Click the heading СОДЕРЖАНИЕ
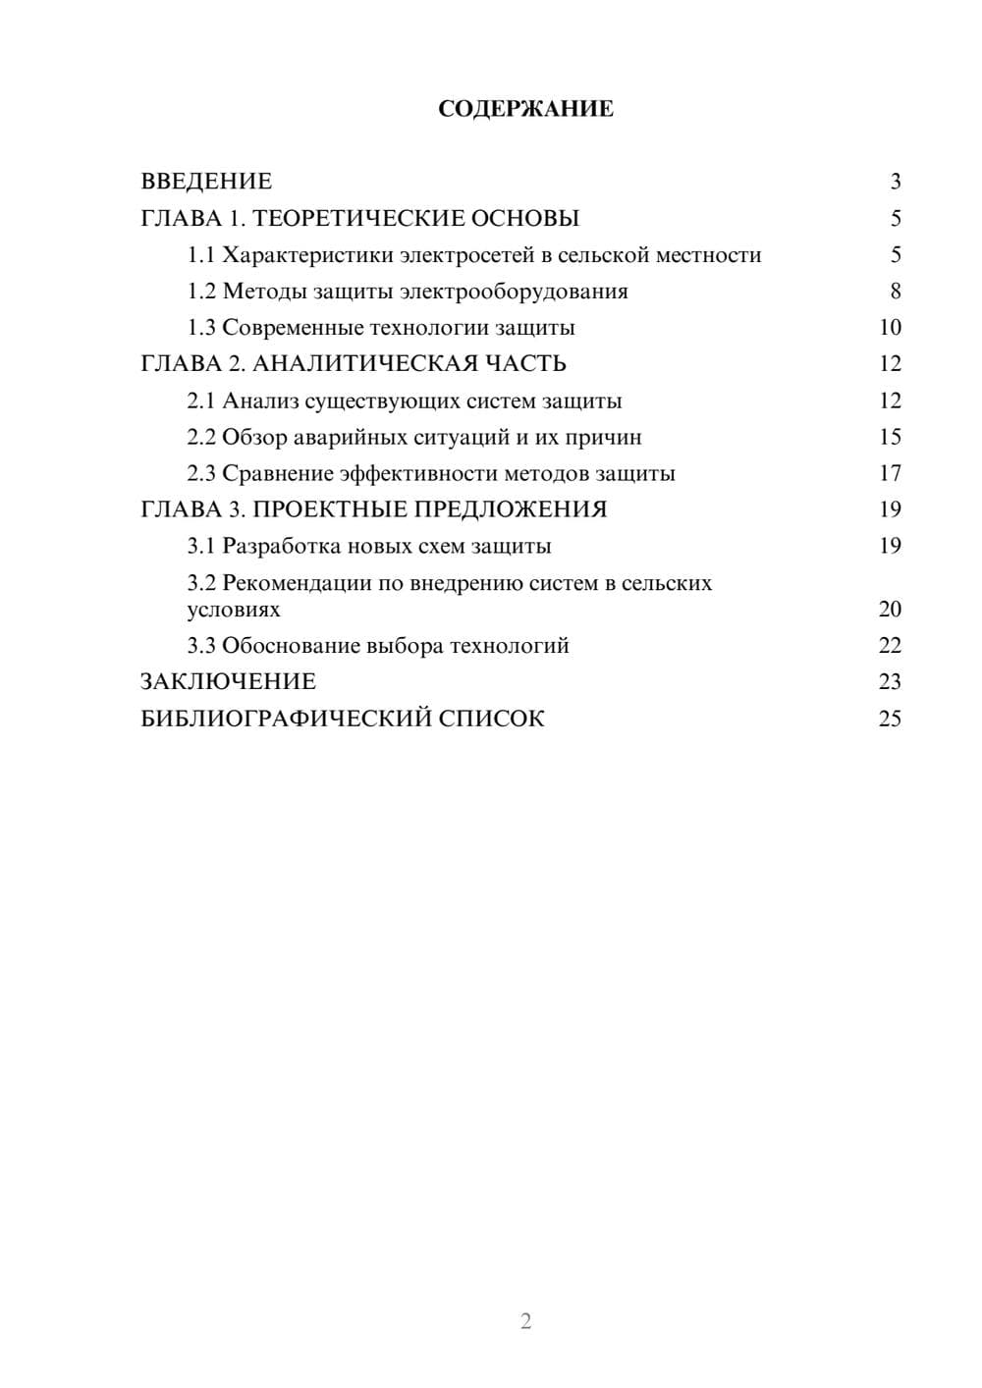click(525, 109)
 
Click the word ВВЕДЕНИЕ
click(206, 182)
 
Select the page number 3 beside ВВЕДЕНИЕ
click(896, 182)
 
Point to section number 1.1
click(201, 255)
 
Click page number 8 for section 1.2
click(896, 292)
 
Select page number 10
click(890, 328)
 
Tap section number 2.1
click(201, 400)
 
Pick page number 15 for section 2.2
click(890, 437)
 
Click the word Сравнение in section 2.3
click(277, 473)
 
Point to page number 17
click(890, 473)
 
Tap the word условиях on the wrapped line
click(234, 610)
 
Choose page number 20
click(890, 610)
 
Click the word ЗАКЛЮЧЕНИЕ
click(228, 681)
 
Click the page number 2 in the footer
click(525, 1321)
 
